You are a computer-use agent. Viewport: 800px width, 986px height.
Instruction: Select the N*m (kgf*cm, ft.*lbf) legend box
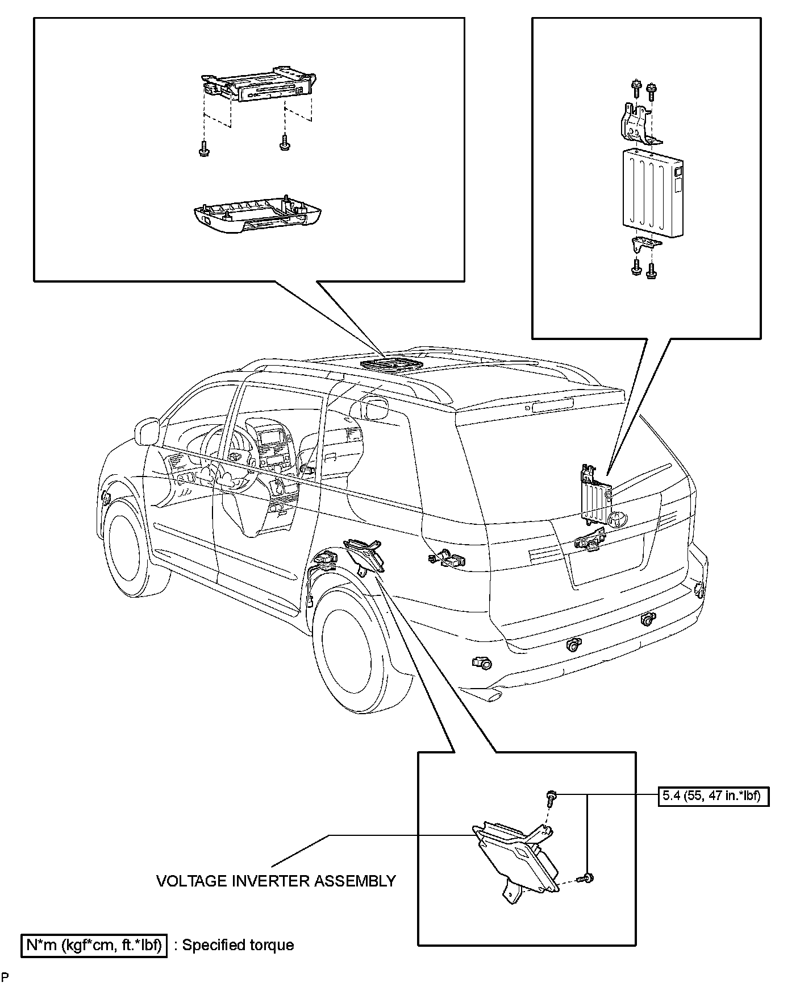(x=94, y=946)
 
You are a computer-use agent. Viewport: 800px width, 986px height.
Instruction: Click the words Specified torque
(x=238, y=946)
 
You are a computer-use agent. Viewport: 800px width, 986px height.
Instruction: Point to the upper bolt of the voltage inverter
(x=551, y=796)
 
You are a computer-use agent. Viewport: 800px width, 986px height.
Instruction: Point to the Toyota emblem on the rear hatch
(x=615, y=519)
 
